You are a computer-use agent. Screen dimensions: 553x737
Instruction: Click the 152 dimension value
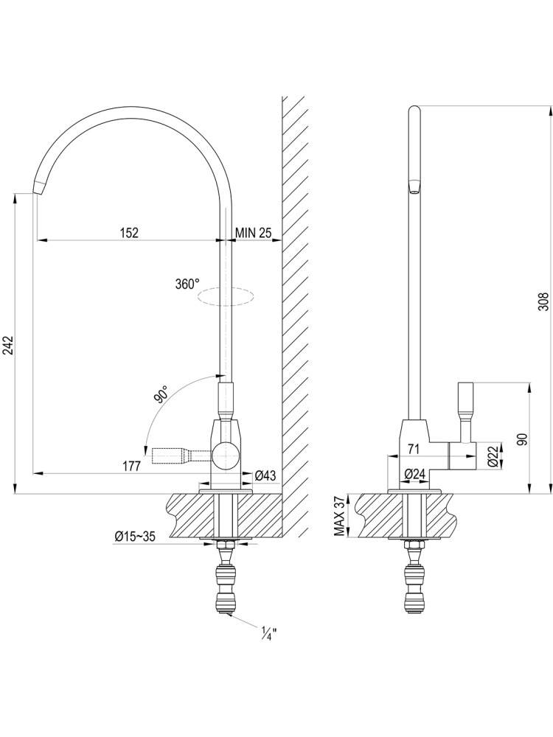click(129, 232)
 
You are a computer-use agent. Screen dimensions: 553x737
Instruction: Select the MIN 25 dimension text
click(254, 232)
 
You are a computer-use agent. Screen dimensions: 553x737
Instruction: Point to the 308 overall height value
click(543, 301)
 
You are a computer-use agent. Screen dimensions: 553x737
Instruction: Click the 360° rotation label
click(187, 284)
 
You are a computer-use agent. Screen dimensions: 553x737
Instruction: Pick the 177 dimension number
click(132, 467)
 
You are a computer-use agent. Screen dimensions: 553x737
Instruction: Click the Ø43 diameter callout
click(265, 475)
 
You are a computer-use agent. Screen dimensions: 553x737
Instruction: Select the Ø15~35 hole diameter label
click(134, 536)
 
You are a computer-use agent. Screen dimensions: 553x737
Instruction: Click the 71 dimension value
click(414, 450)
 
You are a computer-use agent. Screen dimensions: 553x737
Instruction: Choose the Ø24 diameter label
click(414, 475)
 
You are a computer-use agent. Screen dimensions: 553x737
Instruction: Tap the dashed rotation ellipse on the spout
click(226, 296)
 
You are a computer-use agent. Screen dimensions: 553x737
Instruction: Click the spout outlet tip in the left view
click(38, 188)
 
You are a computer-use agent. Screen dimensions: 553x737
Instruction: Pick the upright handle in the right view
click(465, 413)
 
